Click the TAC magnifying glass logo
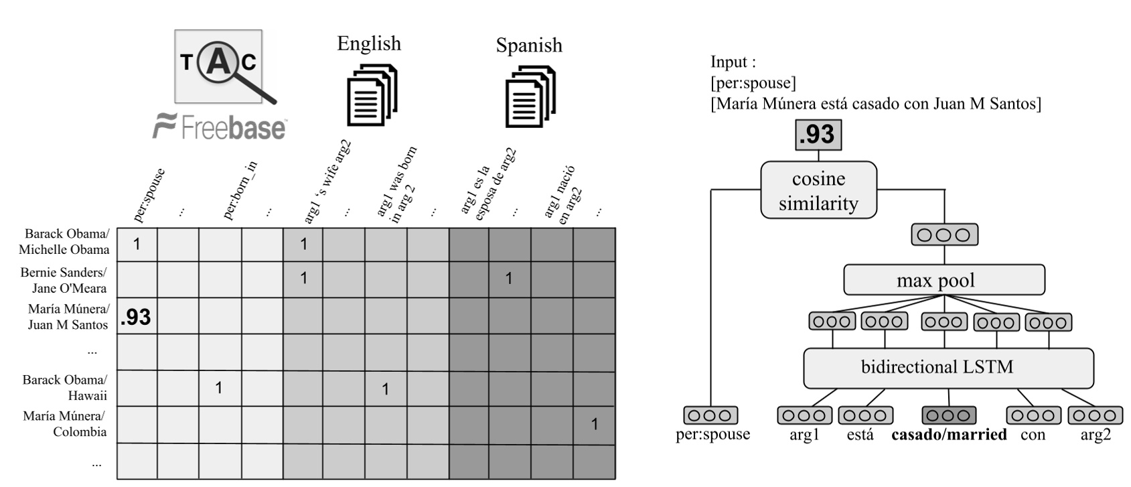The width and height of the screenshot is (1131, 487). [218, 66]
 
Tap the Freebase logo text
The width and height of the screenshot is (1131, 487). [220, 126]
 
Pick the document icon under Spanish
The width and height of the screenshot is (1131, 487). [530, 96]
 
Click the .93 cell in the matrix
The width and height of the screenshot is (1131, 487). [137, 316]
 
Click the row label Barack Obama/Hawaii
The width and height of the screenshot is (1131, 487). [66, 387]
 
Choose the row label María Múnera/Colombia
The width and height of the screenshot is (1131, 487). [65, 423]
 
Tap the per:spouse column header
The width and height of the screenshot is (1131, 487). [149, 195]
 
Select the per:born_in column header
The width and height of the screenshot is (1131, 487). [239, 191]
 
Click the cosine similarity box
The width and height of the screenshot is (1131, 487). [818, 190]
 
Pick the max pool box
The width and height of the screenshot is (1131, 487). [944, 280]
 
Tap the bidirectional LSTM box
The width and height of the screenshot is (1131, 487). [948, 367]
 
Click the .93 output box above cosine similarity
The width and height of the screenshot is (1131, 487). [818, 135]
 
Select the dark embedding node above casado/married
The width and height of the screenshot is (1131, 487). [949, 415]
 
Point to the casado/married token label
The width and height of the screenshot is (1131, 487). [949, 435]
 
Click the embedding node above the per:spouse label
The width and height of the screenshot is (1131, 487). [710, 415]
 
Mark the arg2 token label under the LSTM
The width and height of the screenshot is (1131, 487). [1096, 435]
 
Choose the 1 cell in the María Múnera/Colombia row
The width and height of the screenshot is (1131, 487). [594, 424]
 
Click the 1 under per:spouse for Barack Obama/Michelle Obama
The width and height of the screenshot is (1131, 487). [137, 244]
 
